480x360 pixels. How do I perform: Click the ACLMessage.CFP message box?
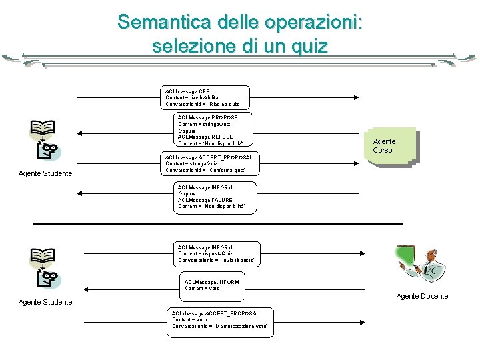pyautogui.click(x=206, y=97)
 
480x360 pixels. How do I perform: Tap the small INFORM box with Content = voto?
pyautogui.click(x=211, y=285)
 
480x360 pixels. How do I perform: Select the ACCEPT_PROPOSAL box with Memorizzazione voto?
pyautogui.click(x=220, y=320)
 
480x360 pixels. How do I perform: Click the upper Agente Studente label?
pyautogui.click(x=45, y=174)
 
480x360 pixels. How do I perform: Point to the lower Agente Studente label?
pyautogui.click(x=45, y=302)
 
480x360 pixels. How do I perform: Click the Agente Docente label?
pyautogui.click(x=422, y=296)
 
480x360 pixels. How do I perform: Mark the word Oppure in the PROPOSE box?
pyautogui.click(x=188, y=131)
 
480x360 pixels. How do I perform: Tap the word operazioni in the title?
pyautogui.click(x=313, y=22)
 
